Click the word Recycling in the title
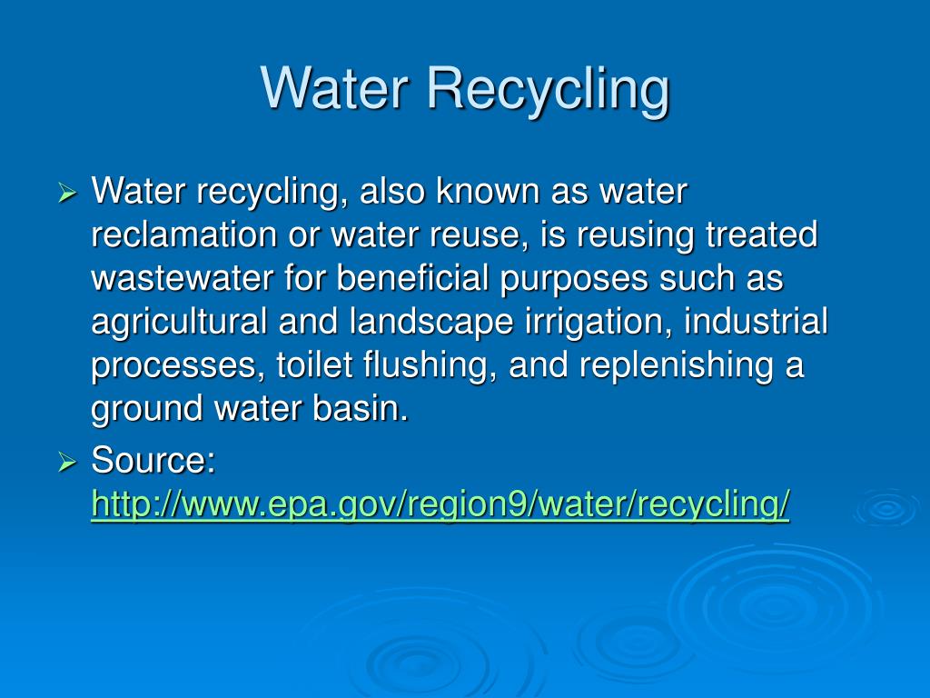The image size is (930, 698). (548, 90)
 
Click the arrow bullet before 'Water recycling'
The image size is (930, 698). (67, 193)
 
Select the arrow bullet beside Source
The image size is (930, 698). (67, 462)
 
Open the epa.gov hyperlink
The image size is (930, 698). (440, 504)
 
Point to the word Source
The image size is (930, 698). (153, 460)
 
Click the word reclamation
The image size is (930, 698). (183, 234)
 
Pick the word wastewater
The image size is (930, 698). (183, 278)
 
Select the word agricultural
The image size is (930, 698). (179, 323)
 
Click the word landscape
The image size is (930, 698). (431, 323)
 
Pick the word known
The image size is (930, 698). (488, 191)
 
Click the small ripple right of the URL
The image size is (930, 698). (887, 508)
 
